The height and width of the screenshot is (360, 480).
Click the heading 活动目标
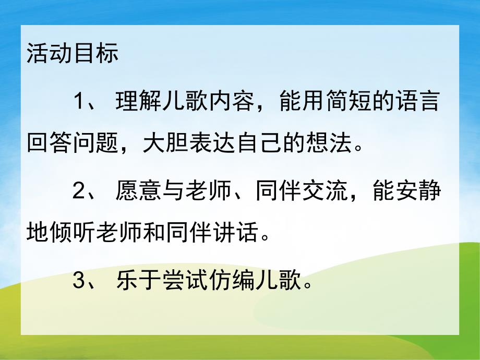pos(73,54)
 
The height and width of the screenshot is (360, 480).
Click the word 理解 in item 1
pos(137,101)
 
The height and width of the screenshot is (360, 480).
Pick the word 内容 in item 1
pos(230,101)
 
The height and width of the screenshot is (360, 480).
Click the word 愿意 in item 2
pos(137,192)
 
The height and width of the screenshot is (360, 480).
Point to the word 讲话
pos(235,236)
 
